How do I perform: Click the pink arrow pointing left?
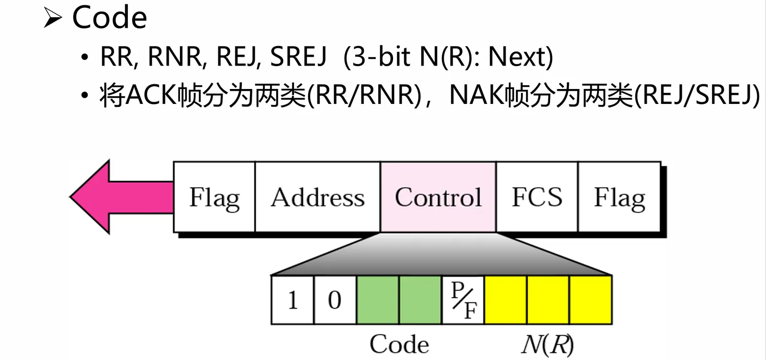[115, 197]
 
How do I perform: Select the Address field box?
[317, 197]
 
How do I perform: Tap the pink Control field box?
[438, 197]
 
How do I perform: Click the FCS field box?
[537, 197]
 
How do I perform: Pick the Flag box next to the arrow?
[214, 197]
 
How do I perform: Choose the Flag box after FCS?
[620, 197]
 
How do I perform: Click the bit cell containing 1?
[293, 300]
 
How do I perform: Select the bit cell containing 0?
[335, 300]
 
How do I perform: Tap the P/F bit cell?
[463, 300]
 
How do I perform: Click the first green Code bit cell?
[377, 300]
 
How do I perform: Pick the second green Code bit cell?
[420, 300]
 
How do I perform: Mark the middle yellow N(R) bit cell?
[548, 300]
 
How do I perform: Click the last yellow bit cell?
[590, 300]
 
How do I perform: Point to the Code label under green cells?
[399, 344]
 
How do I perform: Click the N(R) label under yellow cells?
[547, 344]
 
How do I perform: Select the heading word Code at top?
[109, 18]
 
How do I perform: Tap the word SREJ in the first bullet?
[298, 56]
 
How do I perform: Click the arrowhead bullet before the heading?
[53, 19]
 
